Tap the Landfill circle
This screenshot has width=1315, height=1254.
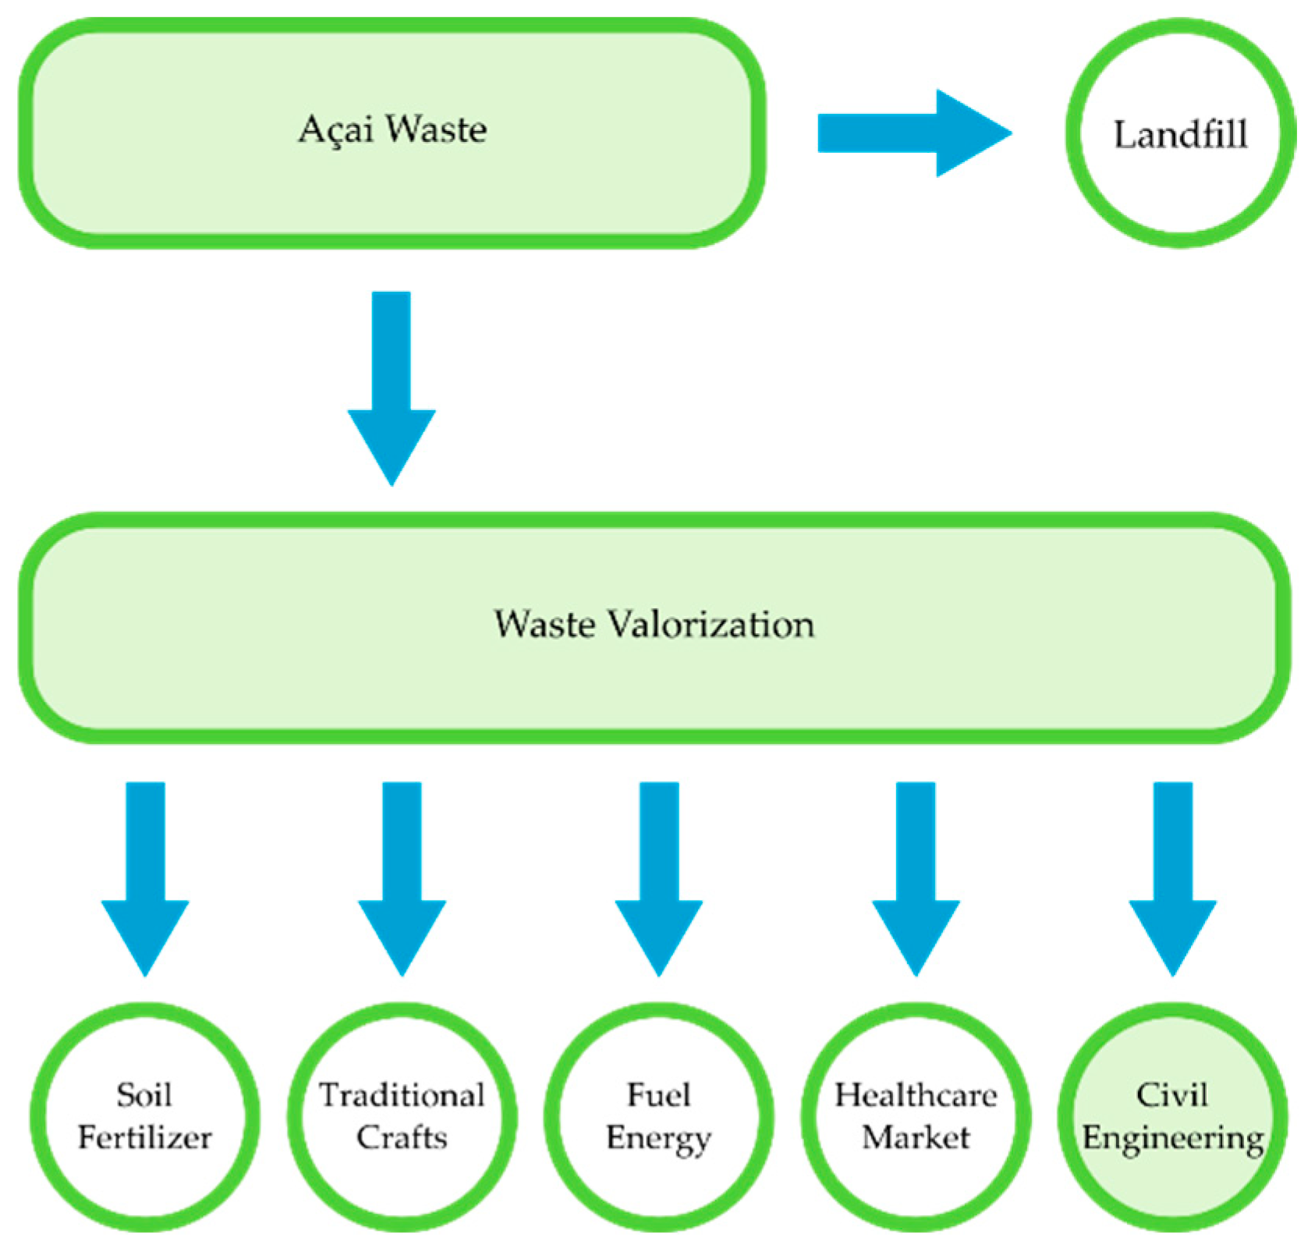(1180, 133)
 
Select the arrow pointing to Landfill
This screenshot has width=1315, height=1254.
(913, 133)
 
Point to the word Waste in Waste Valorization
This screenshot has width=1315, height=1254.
(545, 625)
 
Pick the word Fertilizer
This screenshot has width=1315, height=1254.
(145, 1138)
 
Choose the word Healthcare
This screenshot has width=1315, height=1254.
(916, 1096)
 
